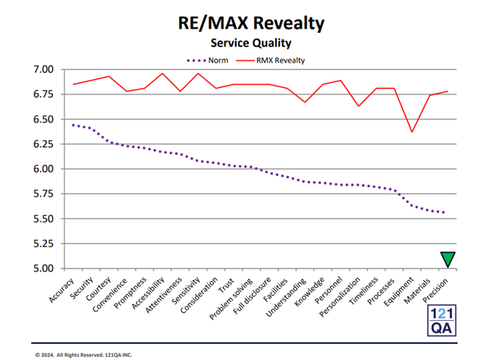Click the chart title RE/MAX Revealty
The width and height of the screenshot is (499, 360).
coord(251,23)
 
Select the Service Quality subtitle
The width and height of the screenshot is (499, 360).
coord(251,43)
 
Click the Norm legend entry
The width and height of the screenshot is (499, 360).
coord(207,61)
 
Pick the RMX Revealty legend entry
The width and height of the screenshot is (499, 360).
coord(270,61)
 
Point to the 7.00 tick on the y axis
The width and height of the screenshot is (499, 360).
coord(43,69)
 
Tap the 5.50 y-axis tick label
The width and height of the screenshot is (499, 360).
coord(43,218)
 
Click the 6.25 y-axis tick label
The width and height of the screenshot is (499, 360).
coord(43,144)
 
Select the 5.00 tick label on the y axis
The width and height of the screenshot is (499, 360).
coord(43,268)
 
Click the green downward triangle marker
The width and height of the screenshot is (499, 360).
coord(448,258)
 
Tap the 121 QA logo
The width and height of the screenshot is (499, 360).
coord(441,321)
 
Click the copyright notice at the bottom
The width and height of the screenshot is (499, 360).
coord(83,354)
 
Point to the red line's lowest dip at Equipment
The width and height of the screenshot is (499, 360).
coord(412,132)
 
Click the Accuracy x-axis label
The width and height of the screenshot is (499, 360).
coord(62,290)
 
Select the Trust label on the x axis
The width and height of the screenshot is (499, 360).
coord(226,285)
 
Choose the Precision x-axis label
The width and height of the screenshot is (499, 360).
coord(435,290)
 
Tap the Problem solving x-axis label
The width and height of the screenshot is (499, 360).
coord(231,298)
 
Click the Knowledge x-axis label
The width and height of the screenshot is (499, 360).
coord(309,291)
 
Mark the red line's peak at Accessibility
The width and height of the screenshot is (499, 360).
coord(162,74)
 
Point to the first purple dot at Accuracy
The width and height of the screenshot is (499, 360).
coord(74,125)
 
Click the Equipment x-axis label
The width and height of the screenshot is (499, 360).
coord(399,291)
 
